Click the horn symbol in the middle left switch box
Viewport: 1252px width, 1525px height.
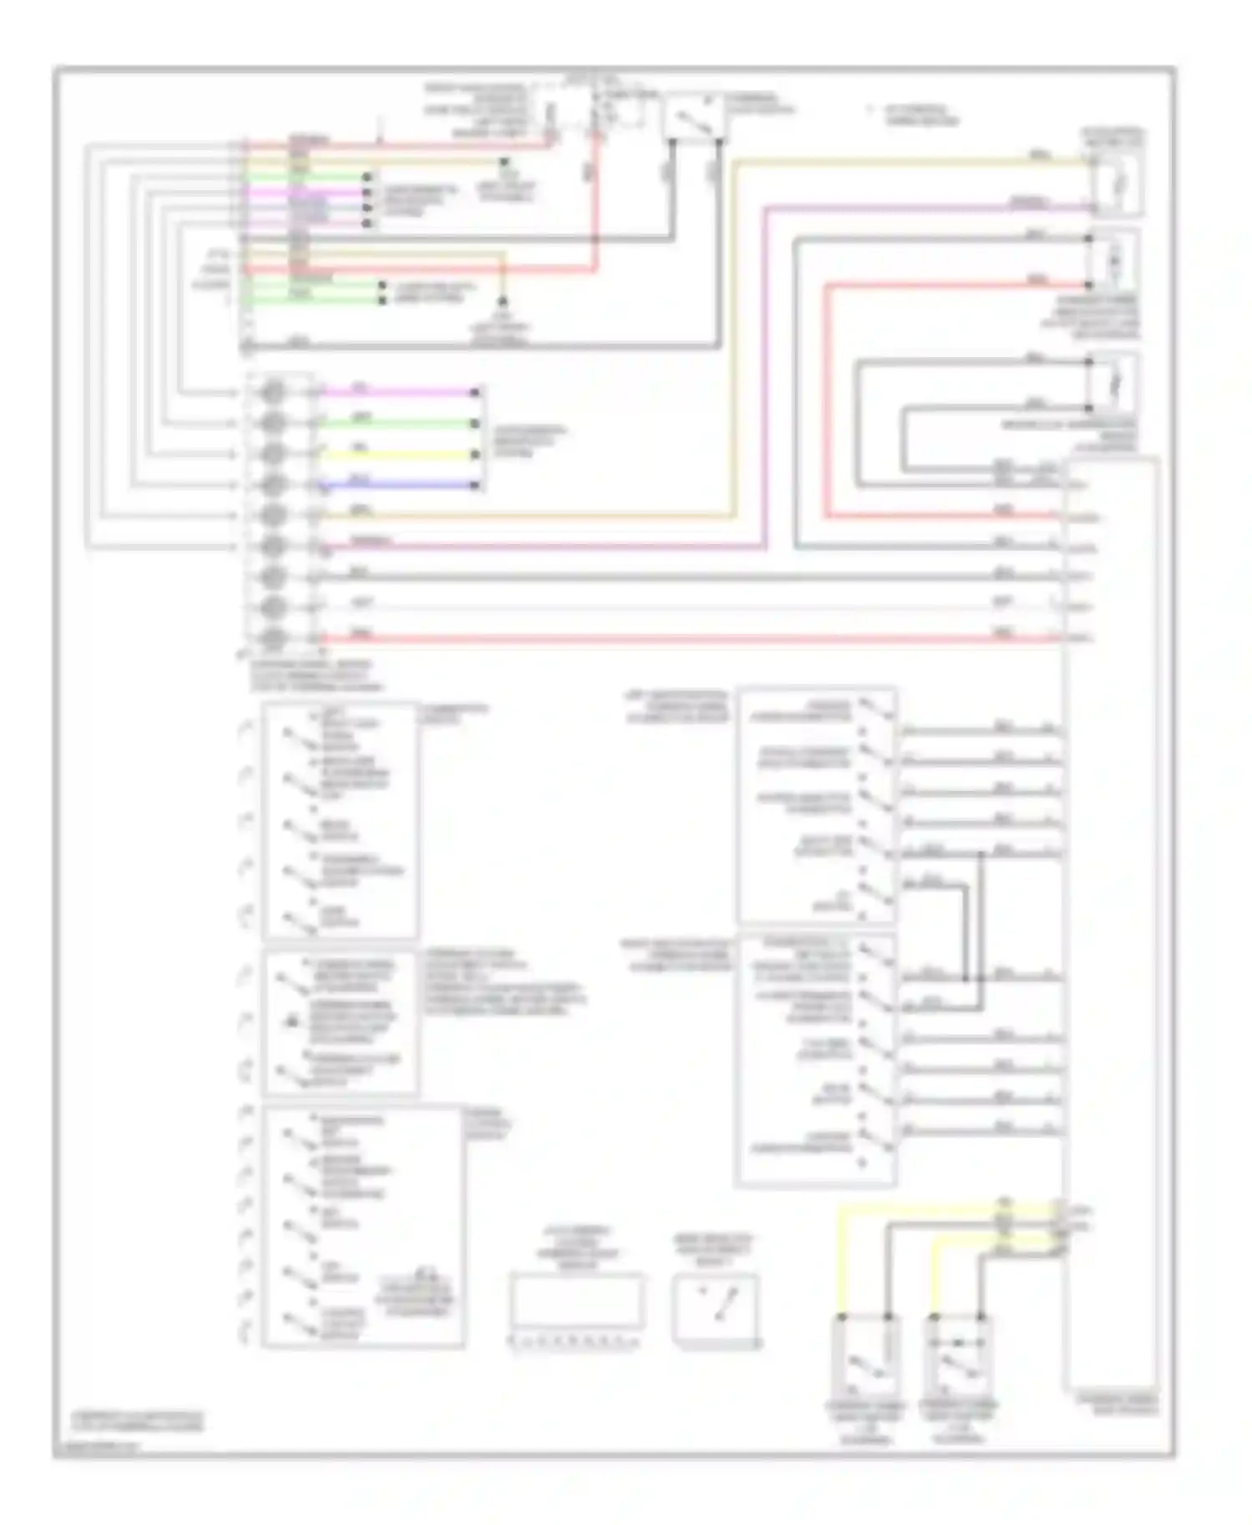[292, 1019]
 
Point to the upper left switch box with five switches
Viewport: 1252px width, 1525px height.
[340, 820]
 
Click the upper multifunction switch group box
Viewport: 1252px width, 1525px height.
[816, 805]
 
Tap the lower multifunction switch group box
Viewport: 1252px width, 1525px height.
[816, 1059]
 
